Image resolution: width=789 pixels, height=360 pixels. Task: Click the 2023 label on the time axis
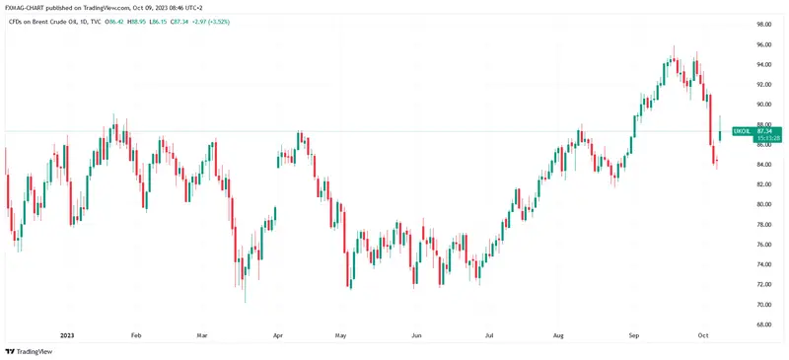[x=67, y=335]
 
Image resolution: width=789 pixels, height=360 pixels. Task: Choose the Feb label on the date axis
[x=136, y=335]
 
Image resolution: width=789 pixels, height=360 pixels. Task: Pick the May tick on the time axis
[x=342, y=335]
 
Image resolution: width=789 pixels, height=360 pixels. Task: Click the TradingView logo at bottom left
[x=32, y=351]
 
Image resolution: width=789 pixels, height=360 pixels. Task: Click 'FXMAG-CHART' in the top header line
[x=27, y=6]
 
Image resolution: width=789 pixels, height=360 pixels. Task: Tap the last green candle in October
[x=719, y=134]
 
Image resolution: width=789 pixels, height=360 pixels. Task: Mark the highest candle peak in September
[x=674, y=46]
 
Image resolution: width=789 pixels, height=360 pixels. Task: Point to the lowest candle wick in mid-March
[x=245, y=301]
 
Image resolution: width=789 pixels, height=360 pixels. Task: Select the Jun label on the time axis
[x=416, y=335]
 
